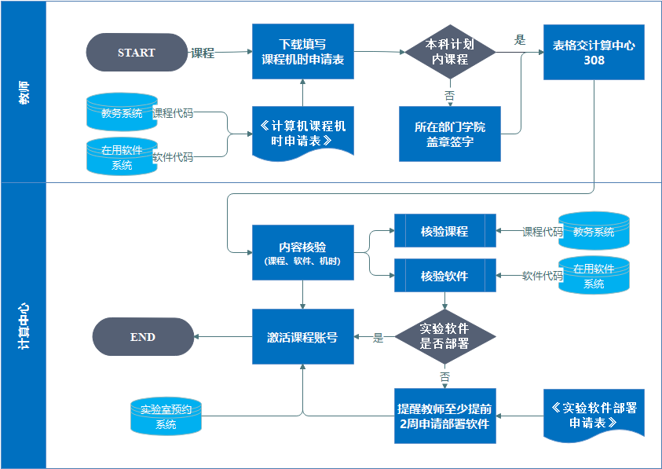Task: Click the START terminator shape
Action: click(137, 53)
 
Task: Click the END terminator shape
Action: click(143, 337)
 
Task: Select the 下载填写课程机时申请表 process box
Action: click(302, 51)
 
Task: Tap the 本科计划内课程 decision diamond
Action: click(450, 52)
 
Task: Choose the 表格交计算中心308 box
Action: click(594, 52)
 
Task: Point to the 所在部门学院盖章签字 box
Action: click(449, 134)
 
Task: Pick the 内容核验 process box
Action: click(302, 252)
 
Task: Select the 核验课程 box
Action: click(444, 231)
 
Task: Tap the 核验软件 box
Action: click(444, 276)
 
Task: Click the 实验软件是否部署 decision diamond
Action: click(444, 336)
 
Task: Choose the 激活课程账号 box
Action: click(302, 336)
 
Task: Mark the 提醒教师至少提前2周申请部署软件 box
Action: click(444, 416)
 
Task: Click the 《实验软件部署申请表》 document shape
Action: click(594, 414)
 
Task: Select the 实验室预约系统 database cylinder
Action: click(166, 416)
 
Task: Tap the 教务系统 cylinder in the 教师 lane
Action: click(122, 113)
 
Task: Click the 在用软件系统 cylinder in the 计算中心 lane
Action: click(594, 276)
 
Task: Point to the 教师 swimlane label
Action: click(24, 93)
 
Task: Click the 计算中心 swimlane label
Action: click(24, 325)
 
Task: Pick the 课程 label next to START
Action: click(203, 53)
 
